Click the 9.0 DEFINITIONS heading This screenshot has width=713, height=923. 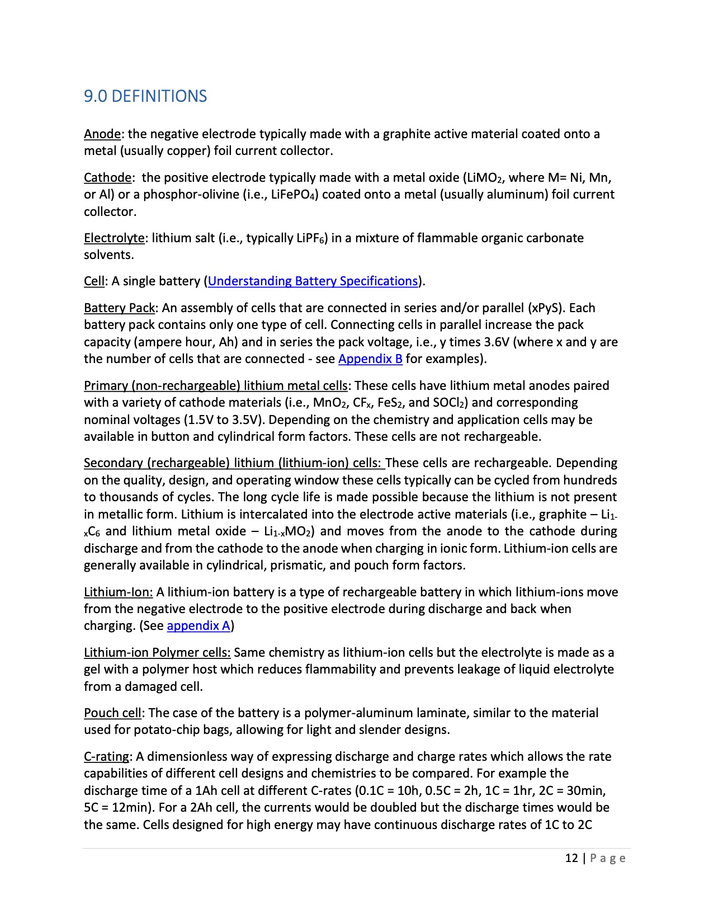coord(145,96)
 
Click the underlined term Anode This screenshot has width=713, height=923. coord(102,134)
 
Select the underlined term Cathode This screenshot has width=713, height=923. coord(108,178)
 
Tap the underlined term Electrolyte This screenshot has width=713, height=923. coord(114,238)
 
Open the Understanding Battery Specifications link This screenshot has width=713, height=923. coord(313,281)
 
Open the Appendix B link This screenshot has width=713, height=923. coord(370,359)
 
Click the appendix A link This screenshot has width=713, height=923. coord(199,626)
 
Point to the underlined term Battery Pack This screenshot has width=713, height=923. coord(119,308)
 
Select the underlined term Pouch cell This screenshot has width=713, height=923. coord(112,713)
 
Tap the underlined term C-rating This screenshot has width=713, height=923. coord(107,757)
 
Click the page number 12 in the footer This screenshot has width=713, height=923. coord(571,859)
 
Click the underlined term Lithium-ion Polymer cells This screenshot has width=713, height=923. coord(157,653)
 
